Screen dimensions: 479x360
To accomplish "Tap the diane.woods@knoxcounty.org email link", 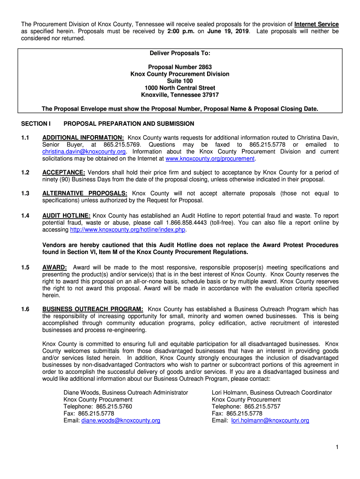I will (121, 421).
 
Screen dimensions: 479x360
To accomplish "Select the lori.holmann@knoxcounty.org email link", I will (270, 421).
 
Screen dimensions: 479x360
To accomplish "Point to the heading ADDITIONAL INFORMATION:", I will (83, 138).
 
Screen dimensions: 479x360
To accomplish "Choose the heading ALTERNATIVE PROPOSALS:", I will (85, 194).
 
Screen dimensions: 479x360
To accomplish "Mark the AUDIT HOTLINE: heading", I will (66, 216).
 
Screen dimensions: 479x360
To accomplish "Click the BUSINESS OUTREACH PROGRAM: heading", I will (93, 309).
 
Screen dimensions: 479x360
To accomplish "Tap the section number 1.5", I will (25, 268).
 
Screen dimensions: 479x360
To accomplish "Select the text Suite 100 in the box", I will (180, 81).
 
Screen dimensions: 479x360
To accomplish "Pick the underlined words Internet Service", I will (317, 24).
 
